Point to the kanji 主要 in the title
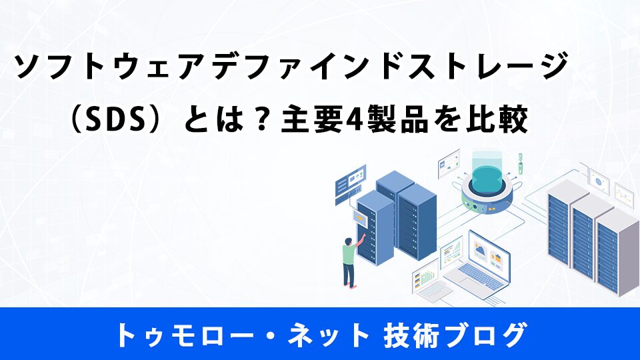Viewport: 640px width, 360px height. point(312,119)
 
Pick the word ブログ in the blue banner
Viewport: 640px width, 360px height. point(485,335)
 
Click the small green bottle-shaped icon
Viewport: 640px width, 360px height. point(521,163)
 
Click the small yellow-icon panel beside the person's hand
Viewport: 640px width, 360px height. point(361,218)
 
